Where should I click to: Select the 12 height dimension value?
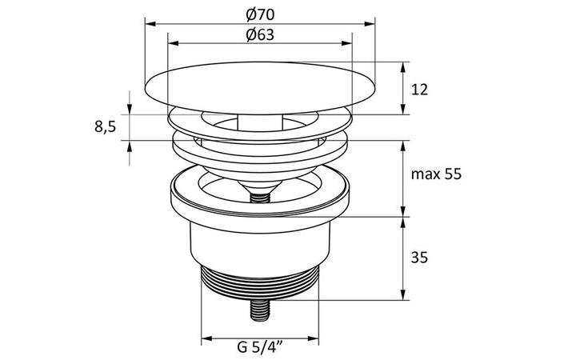click(x=418, y=89)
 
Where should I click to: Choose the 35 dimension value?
click(x=418, y=258)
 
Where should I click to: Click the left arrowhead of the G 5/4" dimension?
click(x=204, y=338)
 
